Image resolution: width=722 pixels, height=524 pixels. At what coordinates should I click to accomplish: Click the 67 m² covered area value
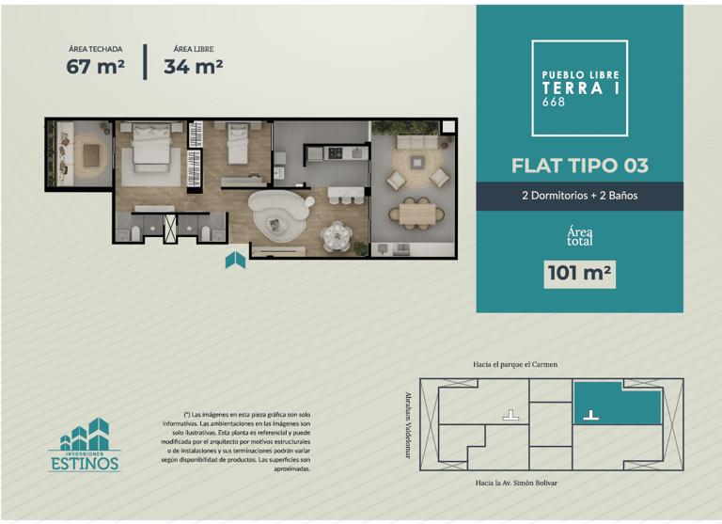(95, 67)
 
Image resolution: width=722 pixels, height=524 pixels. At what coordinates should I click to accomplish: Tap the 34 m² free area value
(194, 67)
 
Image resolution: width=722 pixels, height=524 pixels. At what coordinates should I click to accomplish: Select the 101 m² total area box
(579, 274)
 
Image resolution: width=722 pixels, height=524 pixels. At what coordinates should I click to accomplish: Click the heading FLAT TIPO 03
(580, 166)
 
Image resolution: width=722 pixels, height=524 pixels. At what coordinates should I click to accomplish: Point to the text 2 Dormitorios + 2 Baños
(580, 196)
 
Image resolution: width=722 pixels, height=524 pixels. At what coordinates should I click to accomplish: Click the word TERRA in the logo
(573, 88)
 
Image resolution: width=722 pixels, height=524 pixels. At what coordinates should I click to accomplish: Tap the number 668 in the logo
(553, 102)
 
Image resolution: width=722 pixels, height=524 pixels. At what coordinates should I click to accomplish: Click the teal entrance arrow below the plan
(235, 260)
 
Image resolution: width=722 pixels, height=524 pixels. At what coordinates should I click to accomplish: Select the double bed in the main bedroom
(150, 147)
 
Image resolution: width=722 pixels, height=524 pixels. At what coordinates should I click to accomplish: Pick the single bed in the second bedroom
(238, 143)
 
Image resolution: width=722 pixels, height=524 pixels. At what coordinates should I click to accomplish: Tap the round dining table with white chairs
(337, 236)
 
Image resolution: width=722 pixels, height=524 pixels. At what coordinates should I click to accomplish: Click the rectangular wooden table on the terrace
(417, 214)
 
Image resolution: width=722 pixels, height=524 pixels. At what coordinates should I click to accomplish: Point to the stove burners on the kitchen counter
(335, 153)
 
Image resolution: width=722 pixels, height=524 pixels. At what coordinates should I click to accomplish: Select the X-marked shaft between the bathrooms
(170, 228)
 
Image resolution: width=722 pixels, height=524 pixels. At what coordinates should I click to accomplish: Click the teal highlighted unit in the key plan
(617, 403)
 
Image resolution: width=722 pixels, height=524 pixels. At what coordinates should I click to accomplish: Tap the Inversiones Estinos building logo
(86, 445)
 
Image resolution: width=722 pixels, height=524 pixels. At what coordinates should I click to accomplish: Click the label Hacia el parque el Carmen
(515, 364)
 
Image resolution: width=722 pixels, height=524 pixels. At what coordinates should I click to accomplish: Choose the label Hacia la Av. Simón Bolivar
(516, 483)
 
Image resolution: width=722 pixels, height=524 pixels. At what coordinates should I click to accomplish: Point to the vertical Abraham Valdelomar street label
(408, 425)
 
